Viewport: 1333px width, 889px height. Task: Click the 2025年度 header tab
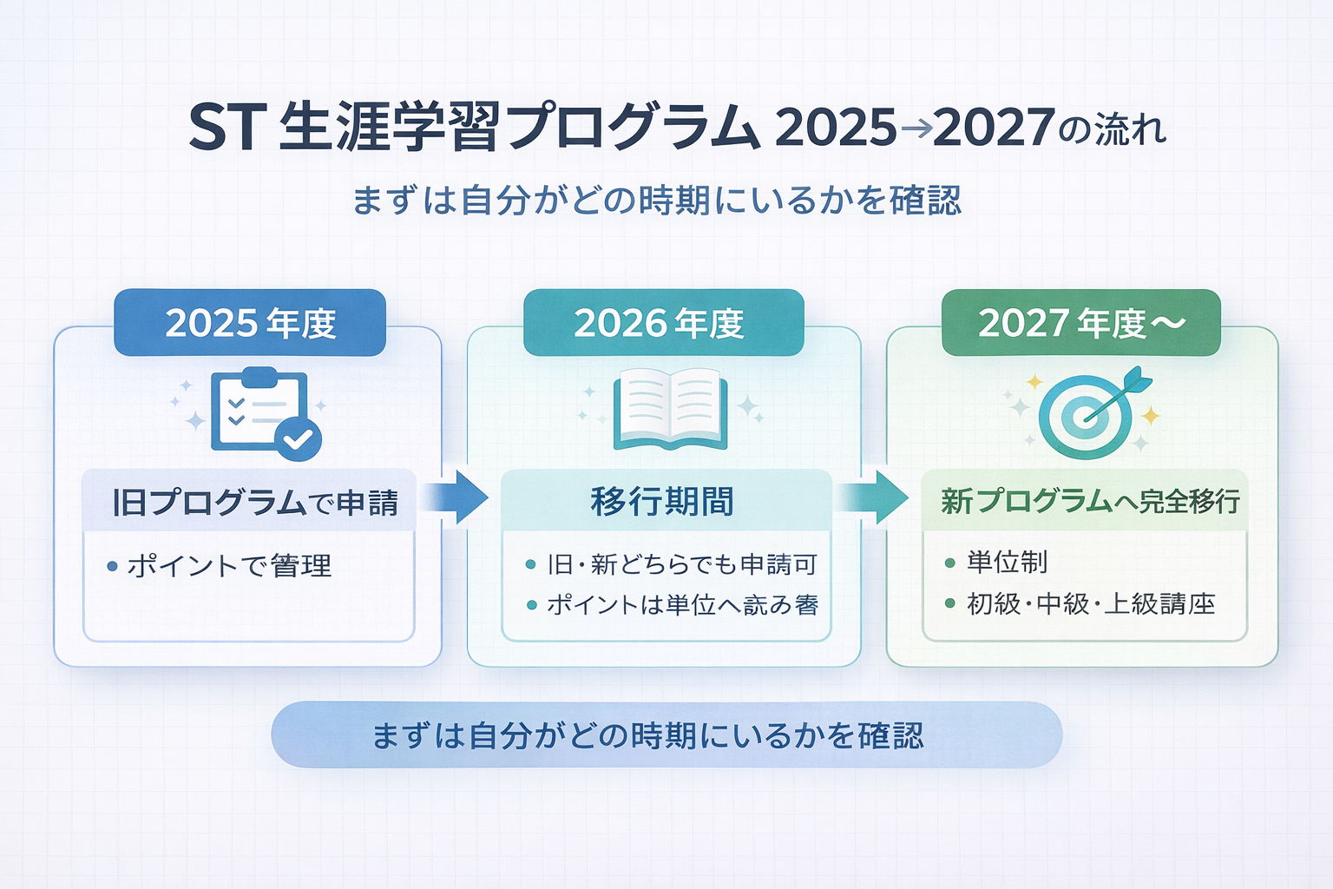pyautogui.click(x=250, y=323)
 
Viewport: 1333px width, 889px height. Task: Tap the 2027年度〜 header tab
pyautogui.click(x=1081, y=323)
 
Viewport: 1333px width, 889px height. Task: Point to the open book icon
pyautogui.click(x=669, y=409)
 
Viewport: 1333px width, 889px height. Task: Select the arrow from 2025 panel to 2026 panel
pyautogui.click(x=456, y=497)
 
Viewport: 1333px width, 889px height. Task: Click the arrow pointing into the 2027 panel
pyautogui.click(x=873, y=497)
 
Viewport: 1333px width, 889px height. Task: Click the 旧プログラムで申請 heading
pyautogui.click(x=255, y=503)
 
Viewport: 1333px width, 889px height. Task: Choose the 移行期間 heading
pyautogui.click(x=662, y=502)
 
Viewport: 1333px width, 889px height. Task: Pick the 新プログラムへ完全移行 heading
pyautogui.click(x=1090, y=501)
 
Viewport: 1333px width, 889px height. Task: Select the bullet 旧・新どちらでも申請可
pyautogui.click(x=682, y=565)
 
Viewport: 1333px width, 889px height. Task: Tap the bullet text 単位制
pyautogui.click(x=1007, y=562)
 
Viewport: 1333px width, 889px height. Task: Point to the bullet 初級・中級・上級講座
pyautogui.click(x=1091, y=603)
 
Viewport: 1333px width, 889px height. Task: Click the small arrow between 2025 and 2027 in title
pyautogui.click(x=916, y=129)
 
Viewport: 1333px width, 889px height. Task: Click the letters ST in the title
pyautogui.click(x=221, y=128)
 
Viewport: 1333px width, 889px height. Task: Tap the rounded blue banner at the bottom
pyautogui.click(x=666, y=735)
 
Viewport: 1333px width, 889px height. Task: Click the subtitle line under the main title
pyautogui.click(x=657, y=201)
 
